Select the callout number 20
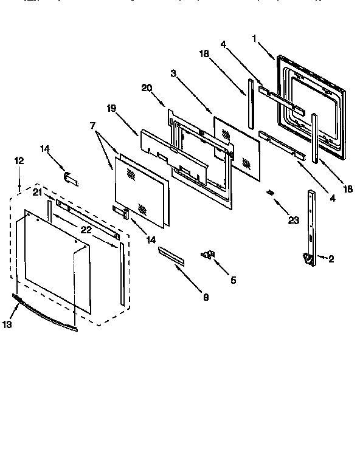[146, 87]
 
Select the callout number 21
[37, 192]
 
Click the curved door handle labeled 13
[46, 311]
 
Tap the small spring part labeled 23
[270, 193]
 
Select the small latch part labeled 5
[208, 255]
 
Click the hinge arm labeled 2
[311, 225]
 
